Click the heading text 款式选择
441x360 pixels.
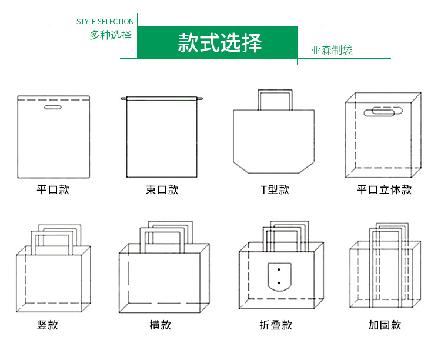[219, 44]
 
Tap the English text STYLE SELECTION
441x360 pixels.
[105, 22]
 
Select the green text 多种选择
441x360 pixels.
[111, 35]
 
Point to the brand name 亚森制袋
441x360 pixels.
[332, 50]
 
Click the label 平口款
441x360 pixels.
[53, 190]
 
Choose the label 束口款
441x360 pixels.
[162, 190]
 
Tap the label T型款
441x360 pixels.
[275, 190]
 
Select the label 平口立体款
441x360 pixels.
[384, 190]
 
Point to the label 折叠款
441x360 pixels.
[275, 325]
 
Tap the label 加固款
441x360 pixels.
[385, 325]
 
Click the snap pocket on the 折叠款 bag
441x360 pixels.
[279, 276]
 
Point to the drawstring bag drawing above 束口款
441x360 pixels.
[162, 138]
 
